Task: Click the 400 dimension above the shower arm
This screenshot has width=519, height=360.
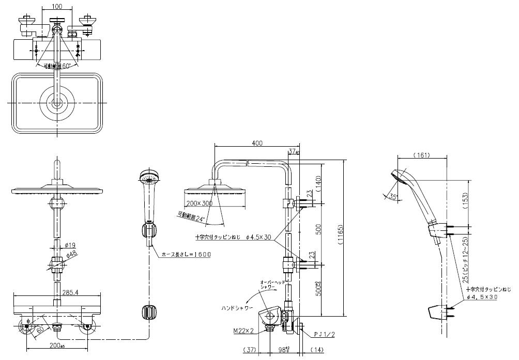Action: tap(257, 143)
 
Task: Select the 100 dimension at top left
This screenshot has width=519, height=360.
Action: tap(57, 7)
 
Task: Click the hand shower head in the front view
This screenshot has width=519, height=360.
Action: tap(147, 179)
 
